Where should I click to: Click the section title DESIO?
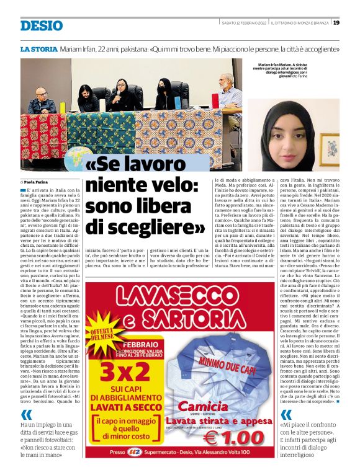[42, 25]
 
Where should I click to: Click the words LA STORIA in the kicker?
[38, 48]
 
